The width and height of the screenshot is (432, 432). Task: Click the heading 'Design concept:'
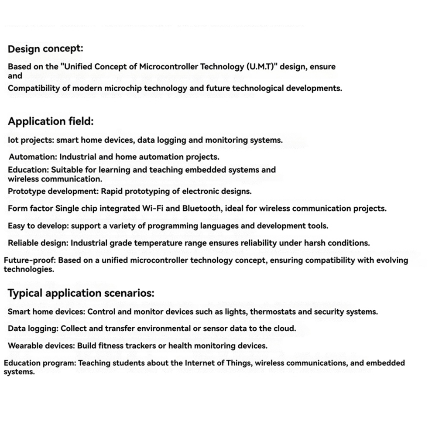(45, 49)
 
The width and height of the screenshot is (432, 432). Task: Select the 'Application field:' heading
(51, 121)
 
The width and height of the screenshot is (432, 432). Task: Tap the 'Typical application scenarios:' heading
(81, 293)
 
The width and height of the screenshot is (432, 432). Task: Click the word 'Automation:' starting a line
(33, 157)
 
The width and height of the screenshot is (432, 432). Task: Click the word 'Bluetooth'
(202, 209)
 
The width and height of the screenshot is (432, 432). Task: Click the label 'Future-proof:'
(30, 261)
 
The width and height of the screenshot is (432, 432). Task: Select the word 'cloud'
(284, 329)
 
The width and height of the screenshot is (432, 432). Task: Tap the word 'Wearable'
(24, 346)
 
